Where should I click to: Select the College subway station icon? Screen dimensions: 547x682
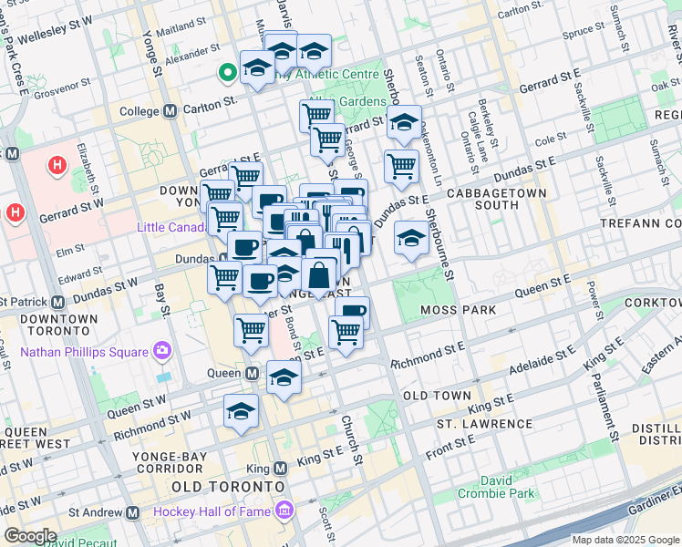pyautogui.click(x=170, y=111)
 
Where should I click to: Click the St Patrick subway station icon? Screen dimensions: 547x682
pyautogui.click(x=58, y=301)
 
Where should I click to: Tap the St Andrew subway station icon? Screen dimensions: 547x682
pyautogui.click(x=133, y=513)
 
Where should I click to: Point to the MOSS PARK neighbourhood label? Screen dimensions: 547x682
pyautogui.click(x=459, y=310)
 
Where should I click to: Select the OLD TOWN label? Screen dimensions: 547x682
pyautogui.click(x=437, y=396)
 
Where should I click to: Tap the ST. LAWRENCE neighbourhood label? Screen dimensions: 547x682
pyautogui.click(x=484, y=424)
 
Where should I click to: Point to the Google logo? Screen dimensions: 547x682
pyautogui.click(x=30, y=535)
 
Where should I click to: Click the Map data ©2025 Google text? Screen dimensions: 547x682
pyautogui.click(x=625, y=540)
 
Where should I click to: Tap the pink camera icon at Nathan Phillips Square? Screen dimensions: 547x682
pyautogui.click(x=162, y=350)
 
